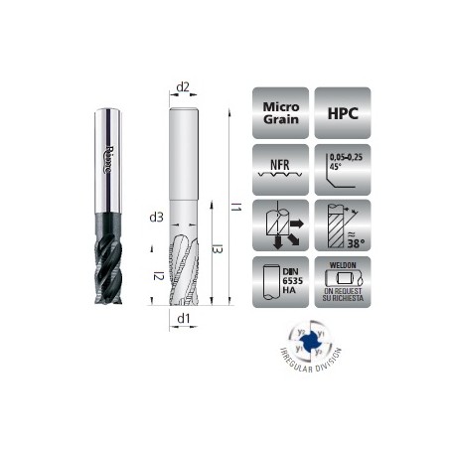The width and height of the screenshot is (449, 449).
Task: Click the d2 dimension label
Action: click(183, 86)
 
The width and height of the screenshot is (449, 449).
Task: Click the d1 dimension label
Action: click(183, 319)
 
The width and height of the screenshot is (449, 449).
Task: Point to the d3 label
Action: click(155, 217)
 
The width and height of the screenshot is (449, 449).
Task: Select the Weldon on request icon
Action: click(342, 281)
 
